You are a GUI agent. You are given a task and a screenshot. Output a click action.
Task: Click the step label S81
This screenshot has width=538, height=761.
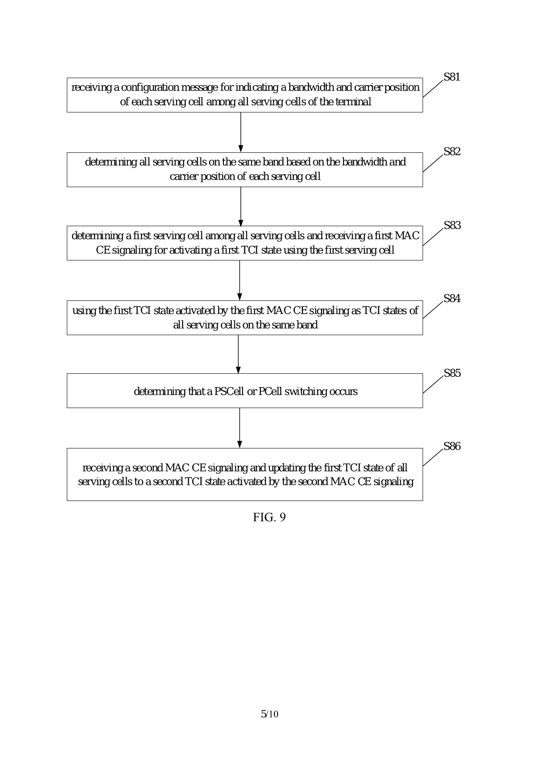[452, 77]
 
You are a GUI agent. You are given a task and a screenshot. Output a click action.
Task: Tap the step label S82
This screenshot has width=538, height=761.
[452, 152]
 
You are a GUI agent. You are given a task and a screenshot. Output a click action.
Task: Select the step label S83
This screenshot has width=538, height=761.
[452, 226]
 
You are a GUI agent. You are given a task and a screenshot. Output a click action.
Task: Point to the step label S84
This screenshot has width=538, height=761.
[452, 299]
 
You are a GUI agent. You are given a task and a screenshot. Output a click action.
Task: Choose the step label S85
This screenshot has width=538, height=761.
[452, 373]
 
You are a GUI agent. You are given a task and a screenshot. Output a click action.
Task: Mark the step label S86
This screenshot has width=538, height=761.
[452, 447]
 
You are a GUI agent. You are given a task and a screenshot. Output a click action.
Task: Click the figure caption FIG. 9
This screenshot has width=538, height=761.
[269, 517]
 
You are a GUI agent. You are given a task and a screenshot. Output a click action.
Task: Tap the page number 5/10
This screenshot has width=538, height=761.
[269, 714]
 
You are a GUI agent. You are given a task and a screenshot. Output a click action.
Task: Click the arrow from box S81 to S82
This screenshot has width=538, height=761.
[241, 132]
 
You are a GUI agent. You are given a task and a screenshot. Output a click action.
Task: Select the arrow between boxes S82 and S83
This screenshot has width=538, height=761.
[241, 206]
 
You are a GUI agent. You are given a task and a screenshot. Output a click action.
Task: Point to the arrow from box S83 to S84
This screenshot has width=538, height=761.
[239, 280]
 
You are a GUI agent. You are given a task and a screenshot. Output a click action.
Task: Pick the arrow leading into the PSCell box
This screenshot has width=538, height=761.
[238, 354]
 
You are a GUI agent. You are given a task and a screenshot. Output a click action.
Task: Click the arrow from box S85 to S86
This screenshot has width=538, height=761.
[239, 428]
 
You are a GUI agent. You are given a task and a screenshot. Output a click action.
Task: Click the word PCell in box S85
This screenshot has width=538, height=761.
[269, 392]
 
